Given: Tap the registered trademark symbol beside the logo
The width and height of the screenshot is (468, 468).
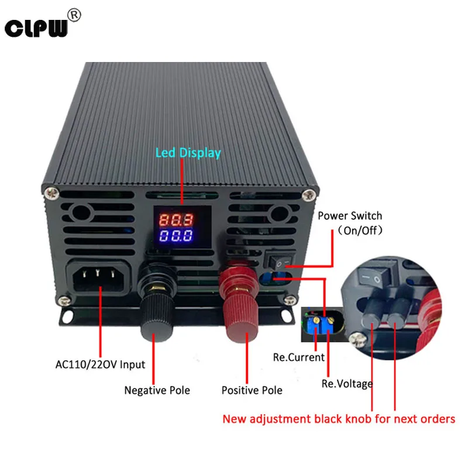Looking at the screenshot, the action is point(74,15).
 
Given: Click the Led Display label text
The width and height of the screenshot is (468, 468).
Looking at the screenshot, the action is point(188,153).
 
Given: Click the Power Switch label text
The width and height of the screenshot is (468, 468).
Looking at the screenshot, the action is point(350,216).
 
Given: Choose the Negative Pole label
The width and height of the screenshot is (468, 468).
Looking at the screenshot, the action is point(157,390).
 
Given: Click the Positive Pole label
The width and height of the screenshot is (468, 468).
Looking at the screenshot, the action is point(252,390).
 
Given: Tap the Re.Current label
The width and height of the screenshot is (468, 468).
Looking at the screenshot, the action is point(299,357).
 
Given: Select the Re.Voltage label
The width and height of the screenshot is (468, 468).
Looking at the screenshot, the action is point(347,384).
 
